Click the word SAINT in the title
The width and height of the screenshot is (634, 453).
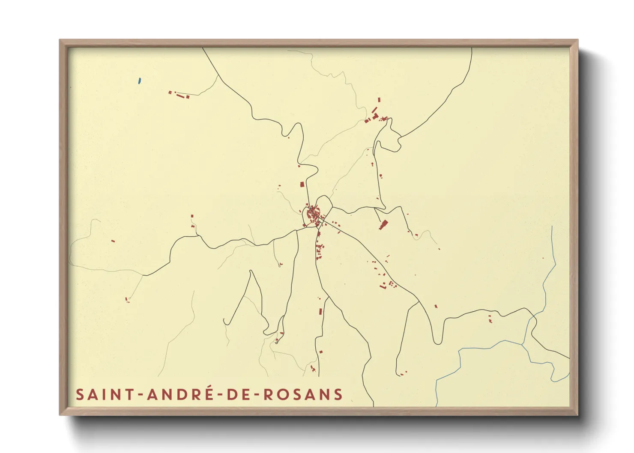click(x=100, y=394)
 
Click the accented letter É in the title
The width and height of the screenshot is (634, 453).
click(x=208, y=393)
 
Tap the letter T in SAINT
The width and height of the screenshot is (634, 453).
click(x=130, y=394)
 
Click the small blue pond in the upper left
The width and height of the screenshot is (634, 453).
click(x=139, y=80)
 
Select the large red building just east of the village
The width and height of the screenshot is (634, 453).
click(x=383, y=225)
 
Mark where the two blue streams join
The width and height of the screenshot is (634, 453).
click(x=523, y=343)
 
